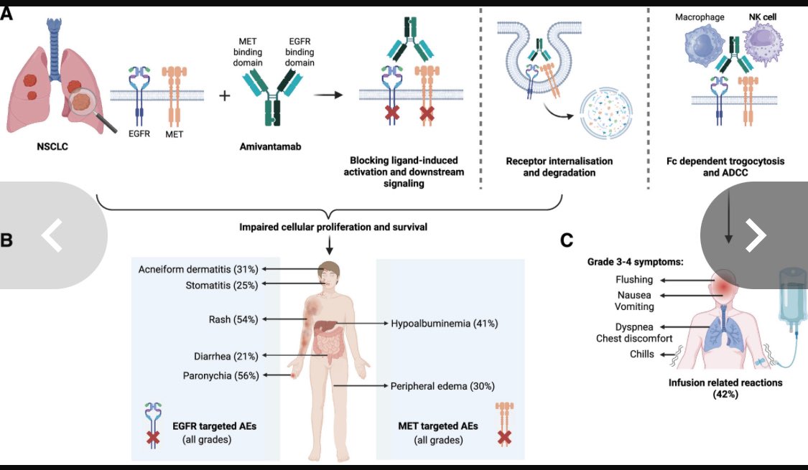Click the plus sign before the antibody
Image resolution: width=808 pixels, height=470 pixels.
pos(226,95)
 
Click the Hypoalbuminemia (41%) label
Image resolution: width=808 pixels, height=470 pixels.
pos(445,324)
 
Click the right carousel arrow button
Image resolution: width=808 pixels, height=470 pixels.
pos(753,236)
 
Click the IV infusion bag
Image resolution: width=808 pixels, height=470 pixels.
pos(789,306)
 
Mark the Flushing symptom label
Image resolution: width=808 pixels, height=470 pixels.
pos(634,279)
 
